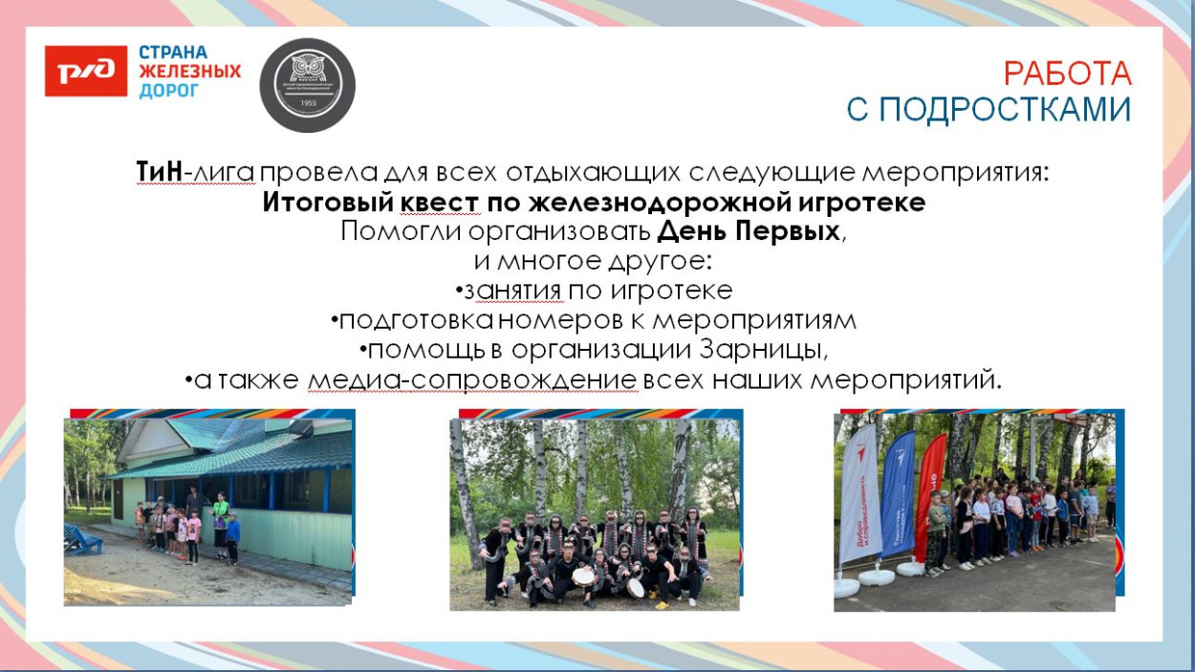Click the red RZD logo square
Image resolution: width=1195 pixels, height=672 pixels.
[x=85, y=71]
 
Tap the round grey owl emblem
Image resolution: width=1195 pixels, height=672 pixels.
[x=308, y=85]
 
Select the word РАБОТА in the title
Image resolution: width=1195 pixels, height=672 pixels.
[x=1067, y=74]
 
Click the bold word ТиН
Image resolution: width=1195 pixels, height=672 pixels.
[x=158, y=173]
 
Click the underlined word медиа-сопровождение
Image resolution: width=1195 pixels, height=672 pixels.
[x=472, y=379]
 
